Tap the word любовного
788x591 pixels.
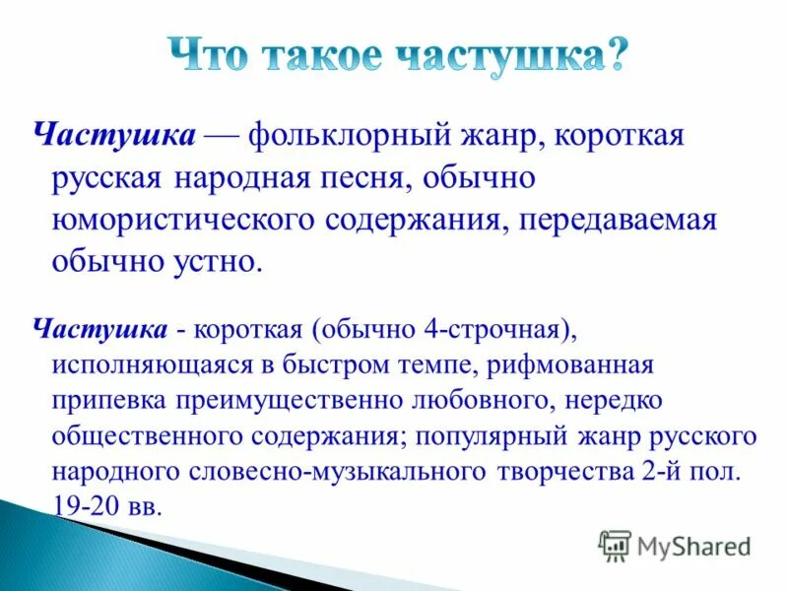coord(471,401)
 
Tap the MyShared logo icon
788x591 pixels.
coord(615,544)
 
